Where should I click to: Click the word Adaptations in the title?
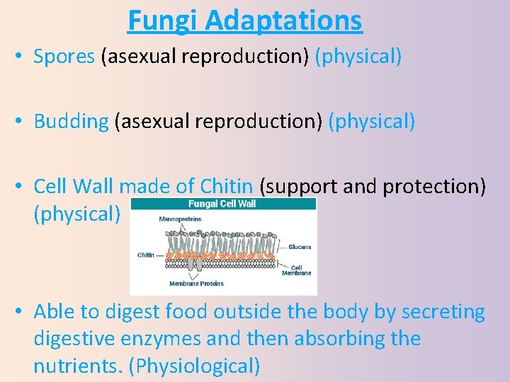tap(284, 21)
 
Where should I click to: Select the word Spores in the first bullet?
tap(64, 57)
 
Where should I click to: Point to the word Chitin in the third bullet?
tap(226, 187)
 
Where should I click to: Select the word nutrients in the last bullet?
tap(82, 366)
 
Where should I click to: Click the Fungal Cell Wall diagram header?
tap(222, 204)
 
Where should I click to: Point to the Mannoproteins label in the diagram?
tap(180, 219)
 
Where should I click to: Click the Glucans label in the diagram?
tap(300, 247)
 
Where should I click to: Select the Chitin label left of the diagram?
tap(145, 255)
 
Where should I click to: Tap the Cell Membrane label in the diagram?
tap(296, 270)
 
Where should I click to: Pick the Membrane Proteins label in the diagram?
tap(196, 284)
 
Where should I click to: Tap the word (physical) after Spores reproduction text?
tap(360, 57)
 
